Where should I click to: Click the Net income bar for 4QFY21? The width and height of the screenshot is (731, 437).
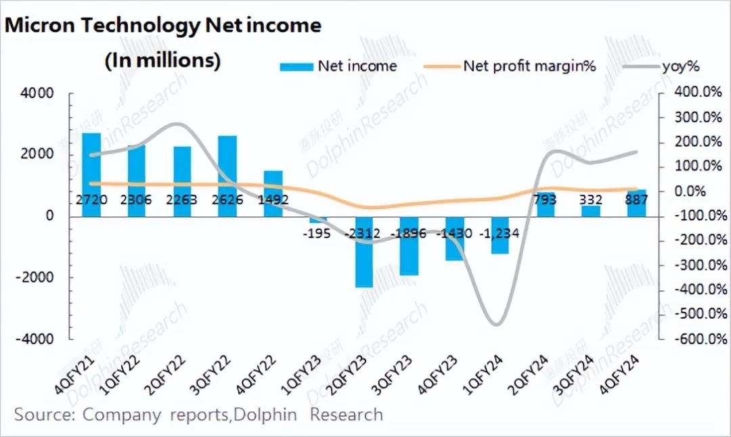[x=91, y=175]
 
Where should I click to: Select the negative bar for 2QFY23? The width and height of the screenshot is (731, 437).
[x=365, y=252]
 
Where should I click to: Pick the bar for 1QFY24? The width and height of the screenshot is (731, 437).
[x=501, y=235]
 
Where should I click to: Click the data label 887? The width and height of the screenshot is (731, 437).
[x=637, y=200]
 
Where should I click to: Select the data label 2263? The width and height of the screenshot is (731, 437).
[x=182, y=200]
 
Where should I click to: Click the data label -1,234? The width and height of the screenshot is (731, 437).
[x=501, y=233]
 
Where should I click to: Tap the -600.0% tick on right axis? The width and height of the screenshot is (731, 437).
[x=697, y=339]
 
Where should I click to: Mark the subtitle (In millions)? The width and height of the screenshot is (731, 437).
[x=162, y=60]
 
